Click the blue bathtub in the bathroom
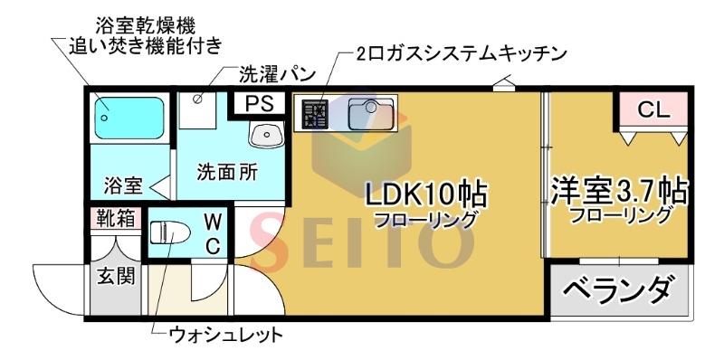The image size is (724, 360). [x=129, y=117]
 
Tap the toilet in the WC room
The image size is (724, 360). [x=169, y=234]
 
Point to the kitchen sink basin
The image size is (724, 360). [x=367, y=115]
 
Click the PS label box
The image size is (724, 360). [x=260, y=104]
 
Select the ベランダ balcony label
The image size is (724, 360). [x=618, y=291]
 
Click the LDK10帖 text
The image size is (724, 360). [x=426, y=194]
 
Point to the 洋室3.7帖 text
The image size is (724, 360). [x=619, y=192]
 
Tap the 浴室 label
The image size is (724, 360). [x=122, y=186]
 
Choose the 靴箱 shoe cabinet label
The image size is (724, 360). [x=116, y=218]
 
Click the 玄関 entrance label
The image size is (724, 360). [x=117, y=274]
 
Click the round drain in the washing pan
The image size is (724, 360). [x=198, y=99]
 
